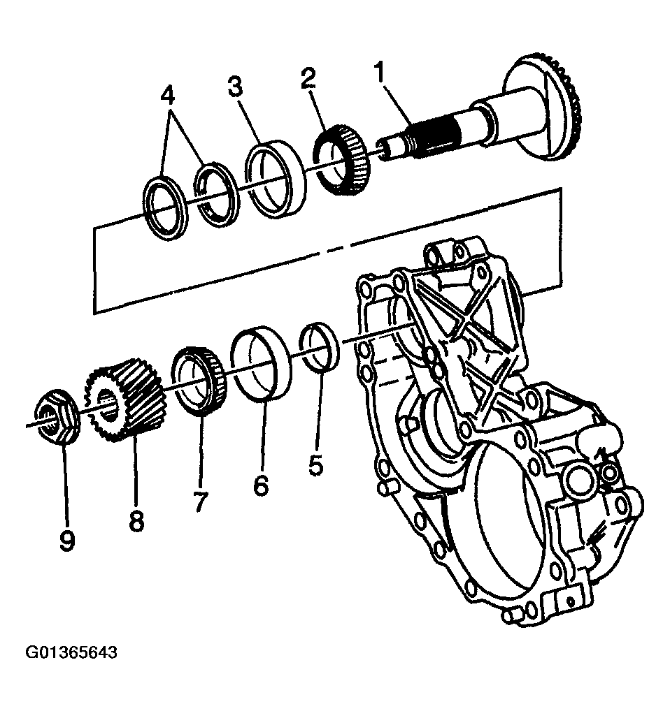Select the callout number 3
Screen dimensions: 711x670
click(x=236, y=88)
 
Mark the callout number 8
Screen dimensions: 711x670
click(x=136, y=519)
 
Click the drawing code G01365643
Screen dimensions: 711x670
click(x=71, y=653)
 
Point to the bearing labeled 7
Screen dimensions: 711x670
click(x=199, y=381)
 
